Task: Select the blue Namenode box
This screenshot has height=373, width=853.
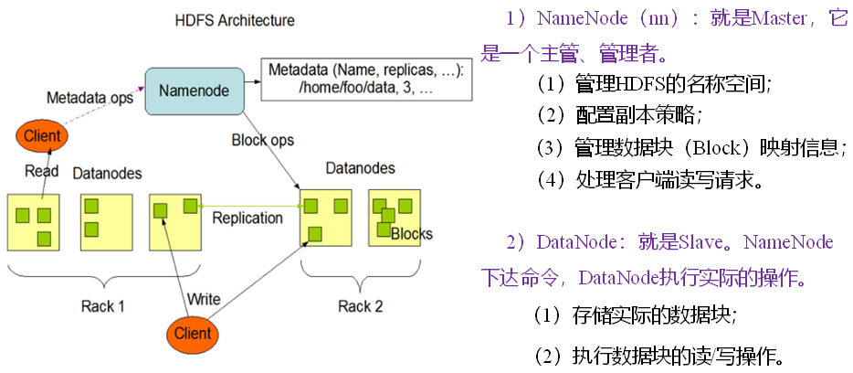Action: click(194, 90)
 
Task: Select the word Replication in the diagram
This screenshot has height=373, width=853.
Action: click(247, 218)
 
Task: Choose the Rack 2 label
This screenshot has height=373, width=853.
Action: click(361, 305)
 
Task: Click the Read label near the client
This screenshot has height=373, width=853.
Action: click(41, 171)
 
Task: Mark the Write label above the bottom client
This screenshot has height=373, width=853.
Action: click(204, 299)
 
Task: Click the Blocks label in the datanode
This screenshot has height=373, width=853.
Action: click(412, 233)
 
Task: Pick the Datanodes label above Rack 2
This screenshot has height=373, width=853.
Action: click(361, 168)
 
